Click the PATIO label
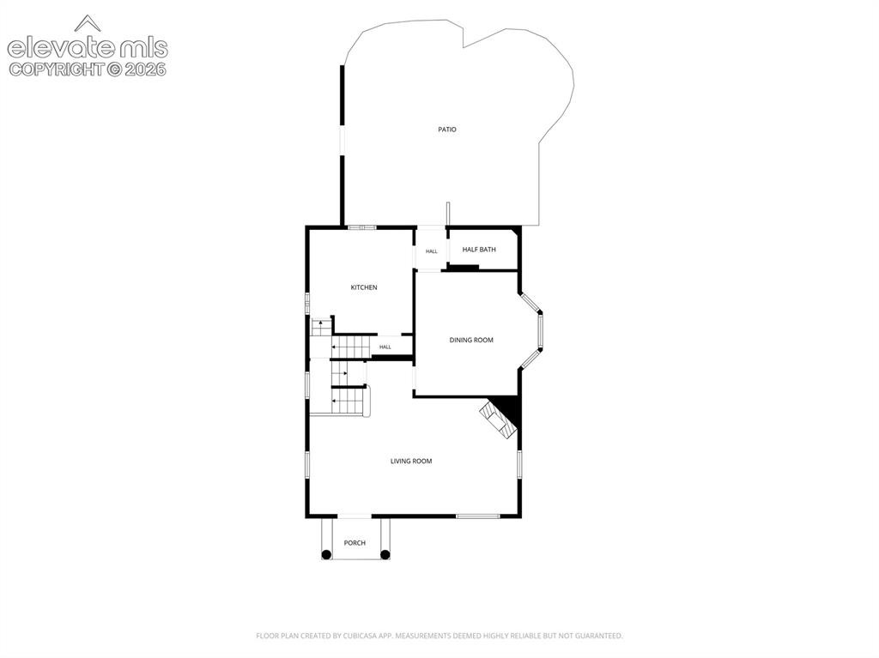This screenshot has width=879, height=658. point(446,130)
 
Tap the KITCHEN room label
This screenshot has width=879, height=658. point(364,287)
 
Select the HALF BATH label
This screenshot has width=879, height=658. point(479,250)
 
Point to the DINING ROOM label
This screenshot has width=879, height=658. point(471,341)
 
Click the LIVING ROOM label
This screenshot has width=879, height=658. point(411,462)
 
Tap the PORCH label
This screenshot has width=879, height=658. point(355,543)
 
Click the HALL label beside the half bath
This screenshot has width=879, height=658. point(431,251)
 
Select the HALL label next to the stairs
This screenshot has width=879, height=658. point(385,347)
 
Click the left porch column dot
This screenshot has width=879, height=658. point(326,555)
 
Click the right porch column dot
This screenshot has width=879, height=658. point(385,555)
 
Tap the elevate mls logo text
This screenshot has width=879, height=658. point(88,48)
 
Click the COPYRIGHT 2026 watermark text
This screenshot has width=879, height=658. point(88,69)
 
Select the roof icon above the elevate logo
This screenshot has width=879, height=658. point(88,23)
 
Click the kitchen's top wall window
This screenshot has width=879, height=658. point(361,227)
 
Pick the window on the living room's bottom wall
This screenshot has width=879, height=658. point(477,516)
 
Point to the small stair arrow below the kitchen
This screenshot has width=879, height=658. point(321,323)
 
